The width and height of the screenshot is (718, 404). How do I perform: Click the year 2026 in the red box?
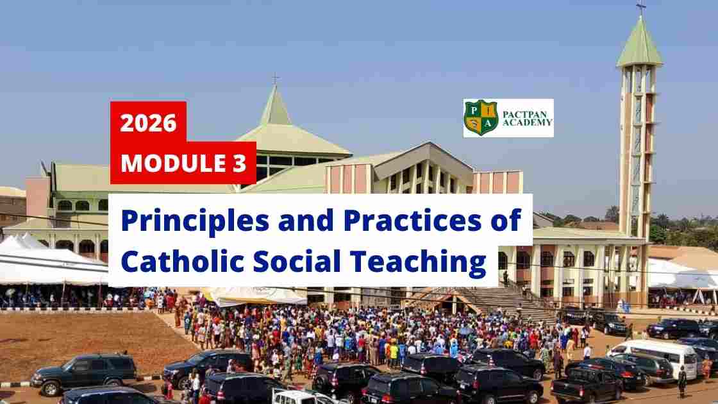[x=148, y=122]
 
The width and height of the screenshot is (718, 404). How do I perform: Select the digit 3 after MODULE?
[x=239, y=163]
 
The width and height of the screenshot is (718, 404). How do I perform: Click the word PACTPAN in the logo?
[x=524, y=114]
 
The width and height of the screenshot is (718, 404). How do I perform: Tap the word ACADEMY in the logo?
[x=528, y=122]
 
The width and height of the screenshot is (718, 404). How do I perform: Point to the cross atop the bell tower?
[x=640, y=8]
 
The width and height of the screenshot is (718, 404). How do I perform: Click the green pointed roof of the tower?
[x=640, y=42]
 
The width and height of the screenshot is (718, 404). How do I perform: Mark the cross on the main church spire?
[x=275, y=80]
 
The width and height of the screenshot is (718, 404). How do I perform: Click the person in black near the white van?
[x=682, y=382]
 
